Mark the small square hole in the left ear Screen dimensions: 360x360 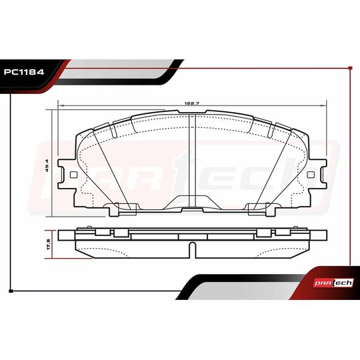(x=70, y=174)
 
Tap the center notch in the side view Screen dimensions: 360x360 (x=193, y=250)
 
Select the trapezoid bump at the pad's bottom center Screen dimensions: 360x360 (x=193, y=203)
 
